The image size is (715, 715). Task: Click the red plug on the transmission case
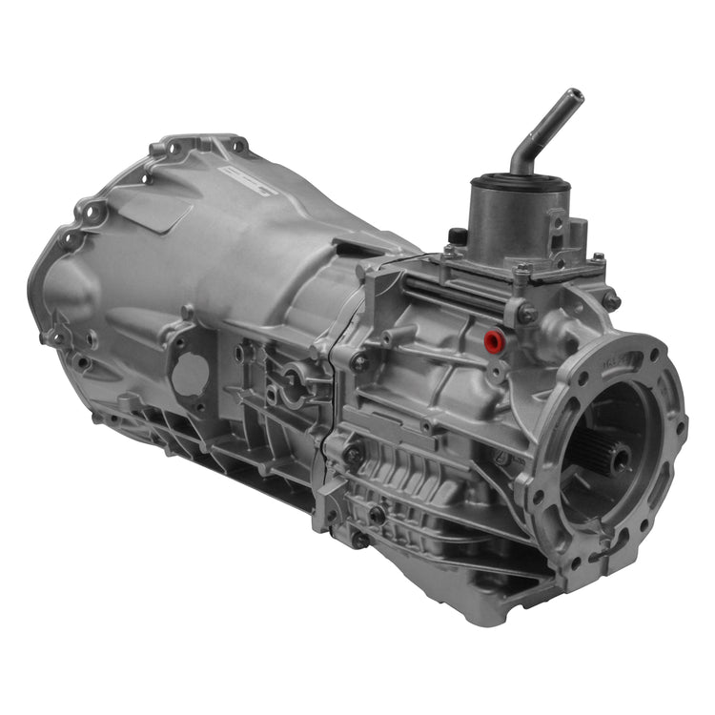[x=493, y=339]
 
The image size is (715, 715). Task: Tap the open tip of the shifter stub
[x=574, y=95]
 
